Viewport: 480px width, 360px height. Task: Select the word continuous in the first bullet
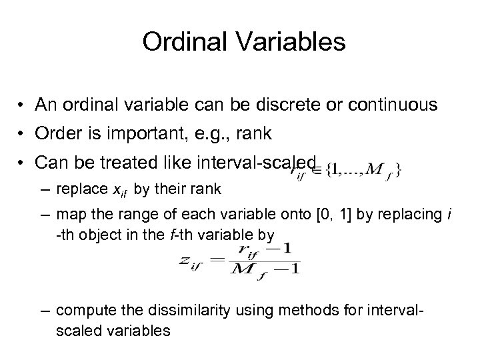395,106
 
